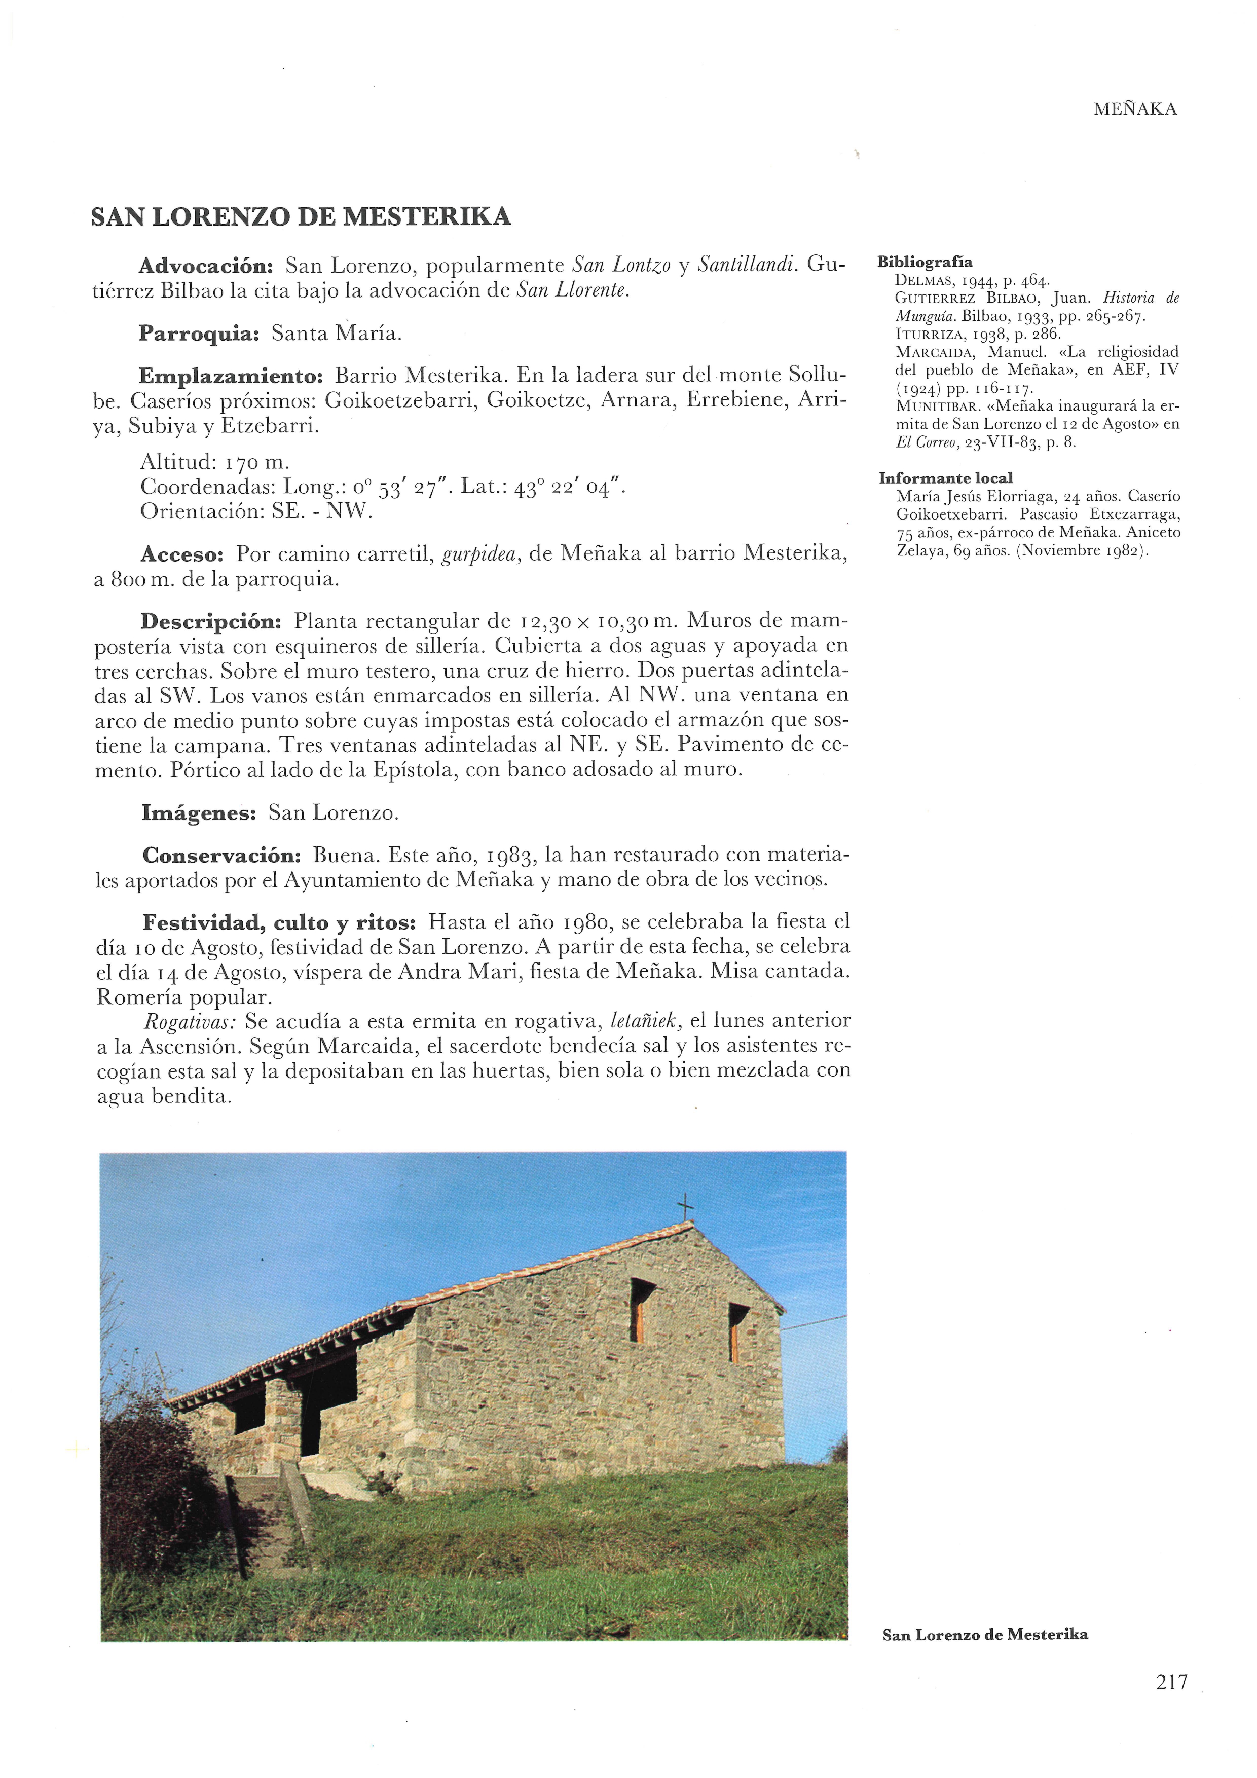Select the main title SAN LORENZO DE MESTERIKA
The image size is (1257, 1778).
(x=301, y=217)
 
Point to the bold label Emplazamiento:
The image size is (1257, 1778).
(x=231, y=377)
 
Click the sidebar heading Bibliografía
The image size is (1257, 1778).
(x=925, y=262)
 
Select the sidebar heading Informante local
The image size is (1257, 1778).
(x=945, y=478)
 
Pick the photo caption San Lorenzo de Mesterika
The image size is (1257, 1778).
(x=984, y=1635)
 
